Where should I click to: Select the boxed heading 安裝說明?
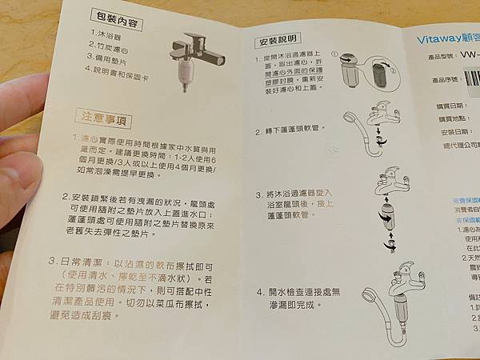pyautogui.click(x=278, y=40)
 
